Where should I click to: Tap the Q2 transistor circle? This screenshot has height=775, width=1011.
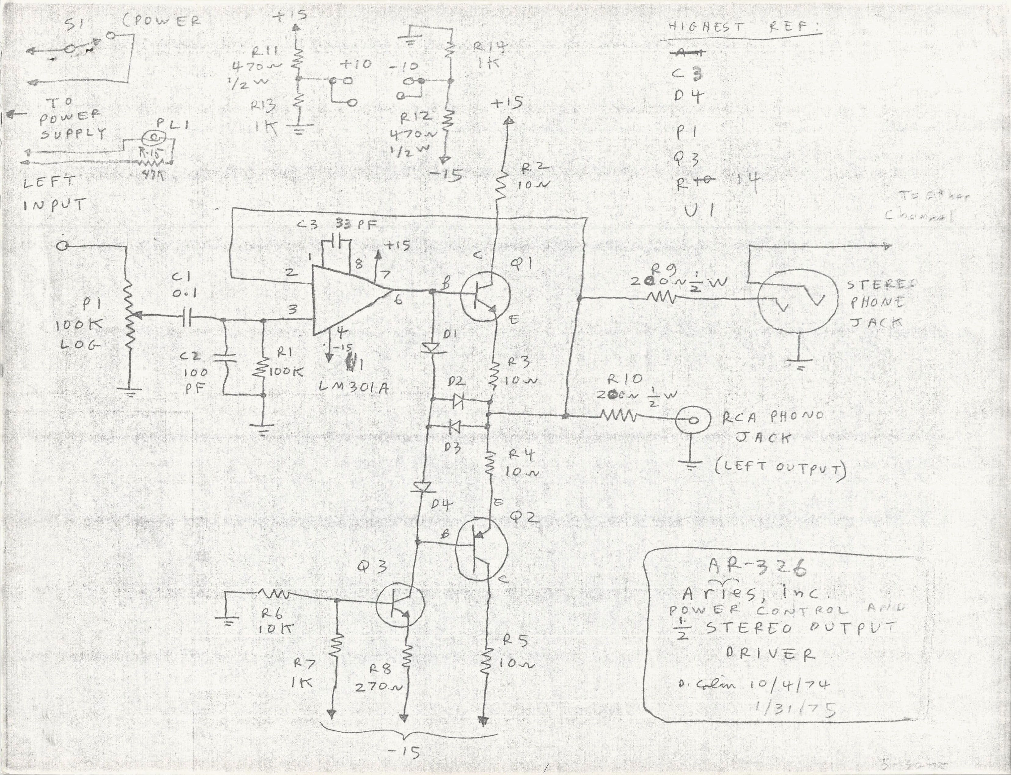click(x=481, y=549)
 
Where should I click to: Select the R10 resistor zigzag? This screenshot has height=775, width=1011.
click(x=619, y=417)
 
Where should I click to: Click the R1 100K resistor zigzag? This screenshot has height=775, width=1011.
click(x=263, y=367)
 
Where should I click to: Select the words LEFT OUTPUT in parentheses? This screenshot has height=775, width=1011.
click(x=781, y=468)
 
